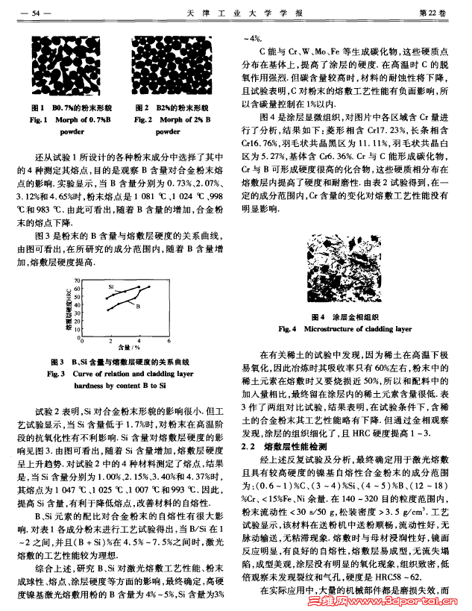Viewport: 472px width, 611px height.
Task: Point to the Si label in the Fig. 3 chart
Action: click(x=110, y=287)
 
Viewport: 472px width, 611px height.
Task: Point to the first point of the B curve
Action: click(x=108, y=310)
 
